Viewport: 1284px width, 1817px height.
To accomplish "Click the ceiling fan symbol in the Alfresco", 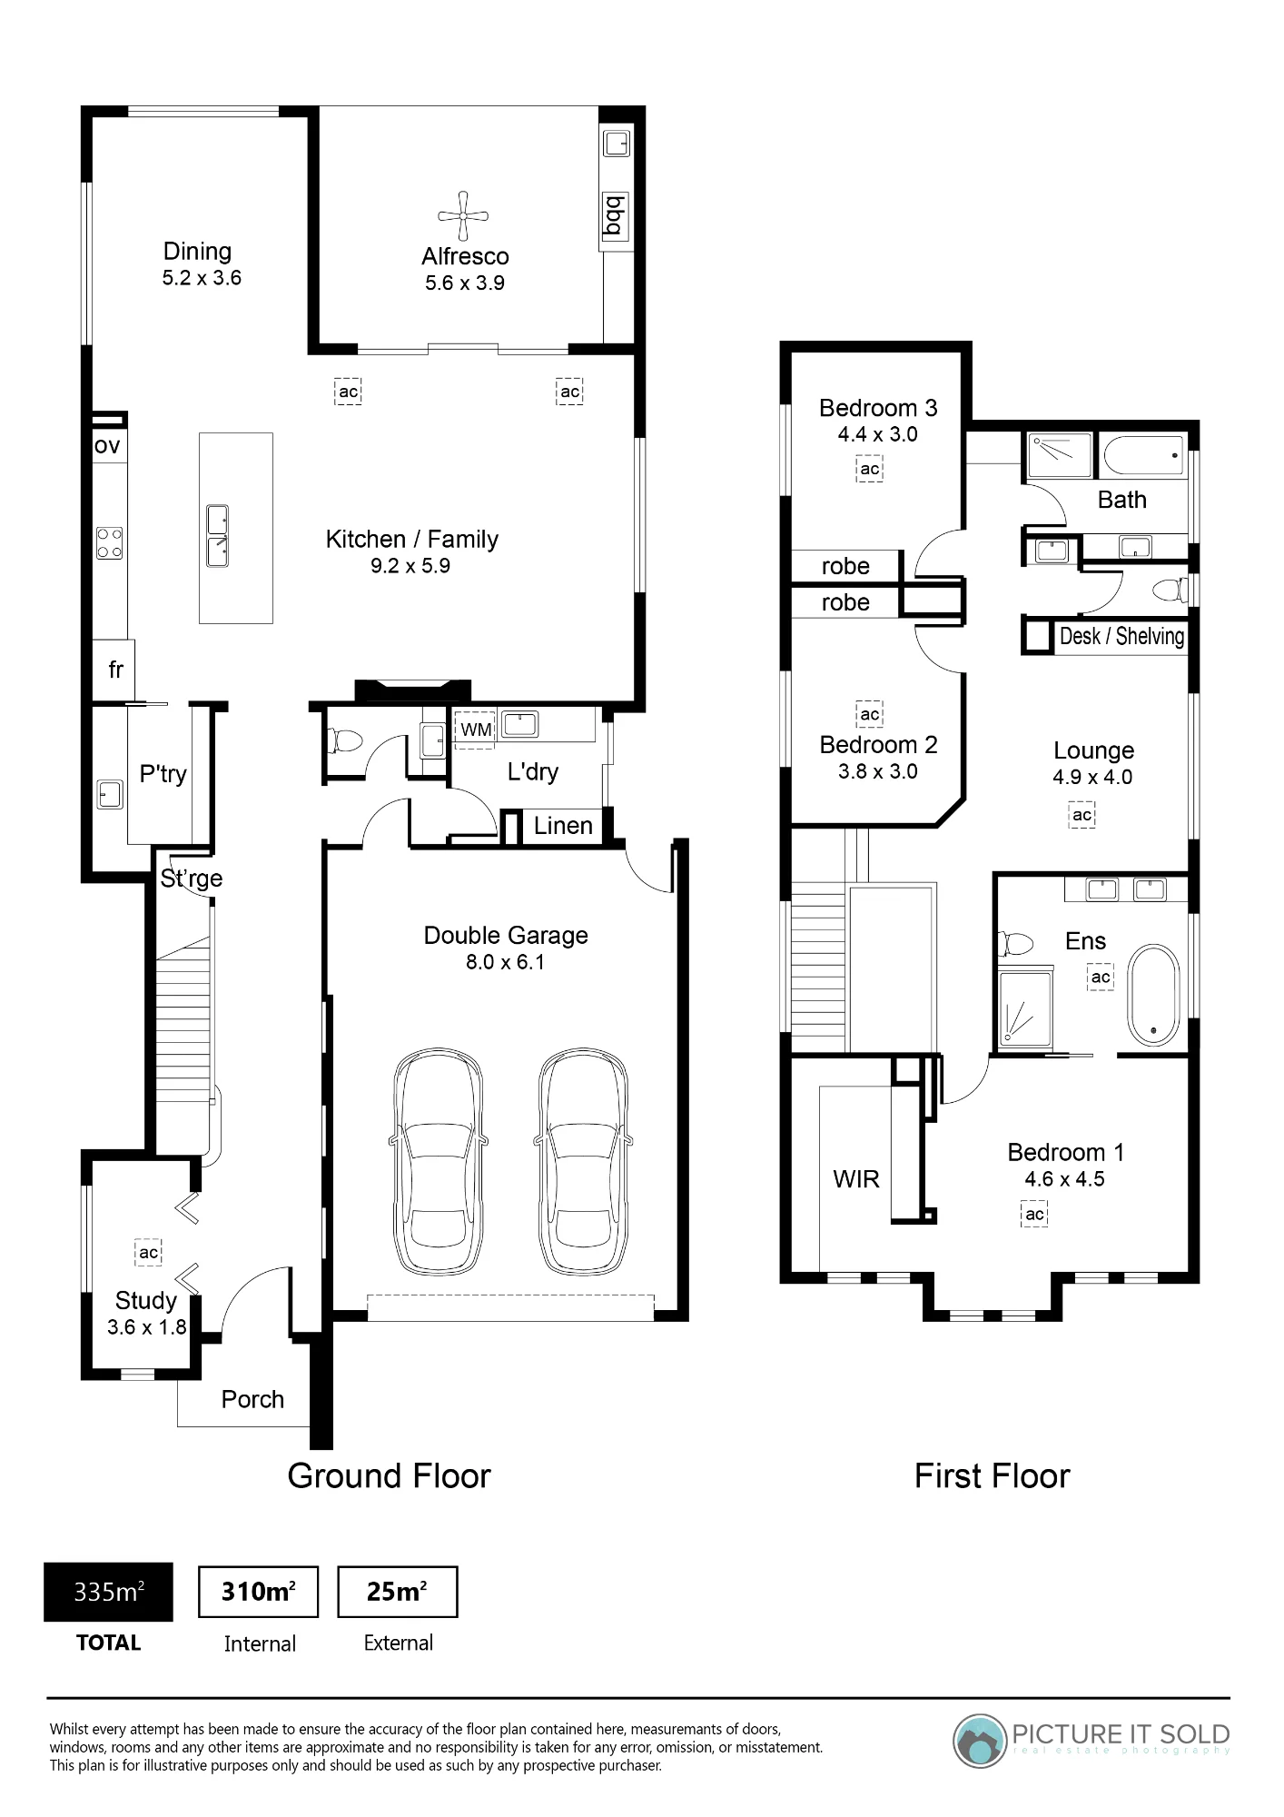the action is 463,216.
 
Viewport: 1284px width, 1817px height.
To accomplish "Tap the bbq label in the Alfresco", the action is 615,214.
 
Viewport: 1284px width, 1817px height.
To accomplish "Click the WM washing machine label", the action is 476,730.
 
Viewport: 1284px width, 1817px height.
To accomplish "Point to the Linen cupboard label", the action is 563,826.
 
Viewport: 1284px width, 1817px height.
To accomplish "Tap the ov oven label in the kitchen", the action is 107,446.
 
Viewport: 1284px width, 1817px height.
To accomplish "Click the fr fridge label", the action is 115,670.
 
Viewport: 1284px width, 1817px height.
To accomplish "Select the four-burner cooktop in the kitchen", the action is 110,543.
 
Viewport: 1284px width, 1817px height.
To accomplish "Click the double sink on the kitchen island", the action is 218,536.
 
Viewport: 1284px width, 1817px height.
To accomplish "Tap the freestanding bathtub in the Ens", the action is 1153,996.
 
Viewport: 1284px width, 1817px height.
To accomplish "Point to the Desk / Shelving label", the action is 1122,636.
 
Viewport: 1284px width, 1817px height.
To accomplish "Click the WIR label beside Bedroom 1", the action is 856,1179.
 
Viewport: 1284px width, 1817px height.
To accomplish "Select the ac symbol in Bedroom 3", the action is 870,469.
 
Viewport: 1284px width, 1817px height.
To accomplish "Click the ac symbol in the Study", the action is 148,1252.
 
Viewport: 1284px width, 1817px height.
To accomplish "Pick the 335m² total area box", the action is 108,1592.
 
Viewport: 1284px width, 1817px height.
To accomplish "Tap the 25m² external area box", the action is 397,1592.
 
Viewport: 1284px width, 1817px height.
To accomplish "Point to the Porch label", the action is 252,1399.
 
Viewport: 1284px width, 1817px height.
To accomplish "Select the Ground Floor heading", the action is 389,1476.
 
